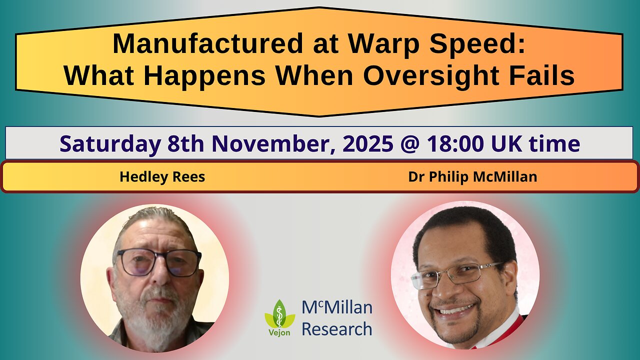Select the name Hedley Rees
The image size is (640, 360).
pos(162,177)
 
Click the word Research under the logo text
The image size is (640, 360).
pos(336,329)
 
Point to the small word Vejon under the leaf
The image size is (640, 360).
pos(279,333)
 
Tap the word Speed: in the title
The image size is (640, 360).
pos(480,44)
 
